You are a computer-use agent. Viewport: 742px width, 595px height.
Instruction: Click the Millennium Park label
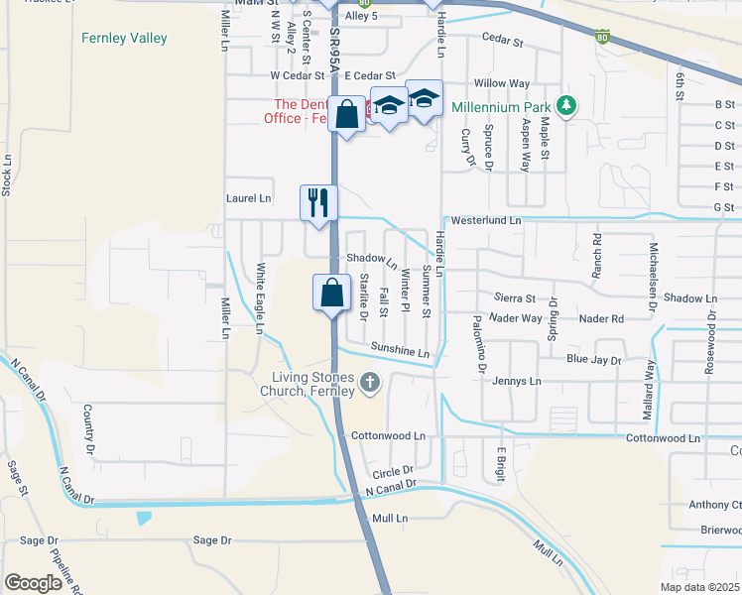tap(501, 106)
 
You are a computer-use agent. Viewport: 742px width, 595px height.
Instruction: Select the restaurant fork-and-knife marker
tap(314, 202)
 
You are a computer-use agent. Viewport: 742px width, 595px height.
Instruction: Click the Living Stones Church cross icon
tap(370, 383)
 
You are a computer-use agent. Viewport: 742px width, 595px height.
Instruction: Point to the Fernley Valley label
tap(124, 39)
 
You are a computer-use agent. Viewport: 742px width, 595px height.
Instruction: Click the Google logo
tap(33, 583)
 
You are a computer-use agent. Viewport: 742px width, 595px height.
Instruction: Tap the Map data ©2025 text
tap(699, 587)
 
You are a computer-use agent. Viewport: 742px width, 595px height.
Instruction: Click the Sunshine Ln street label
tap(400, 349)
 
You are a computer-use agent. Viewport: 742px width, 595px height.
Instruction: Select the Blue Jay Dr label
tap(593, 360)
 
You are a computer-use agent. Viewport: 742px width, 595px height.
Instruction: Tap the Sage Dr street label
tap(211, 540)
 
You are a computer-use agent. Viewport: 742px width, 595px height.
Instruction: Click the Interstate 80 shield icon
tap(603, 38)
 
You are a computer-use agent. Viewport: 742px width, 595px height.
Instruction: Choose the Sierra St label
tap(515, 297)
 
